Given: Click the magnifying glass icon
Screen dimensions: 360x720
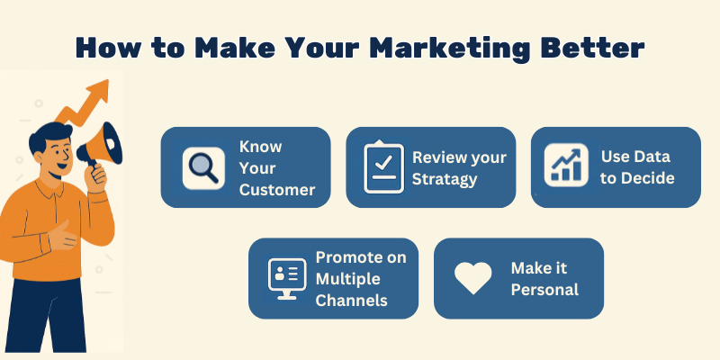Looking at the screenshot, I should point(202,167).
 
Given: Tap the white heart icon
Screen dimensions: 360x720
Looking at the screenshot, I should point(472,278).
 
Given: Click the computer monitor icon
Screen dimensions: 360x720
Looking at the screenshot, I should point(289,278).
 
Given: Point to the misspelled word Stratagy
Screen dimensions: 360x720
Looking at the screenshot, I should point(445,178).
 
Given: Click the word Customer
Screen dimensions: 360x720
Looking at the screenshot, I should point(276,189).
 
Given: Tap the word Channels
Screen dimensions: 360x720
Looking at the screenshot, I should point(351,300).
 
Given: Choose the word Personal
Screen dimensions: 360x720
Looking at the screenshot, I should point(544,289).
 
